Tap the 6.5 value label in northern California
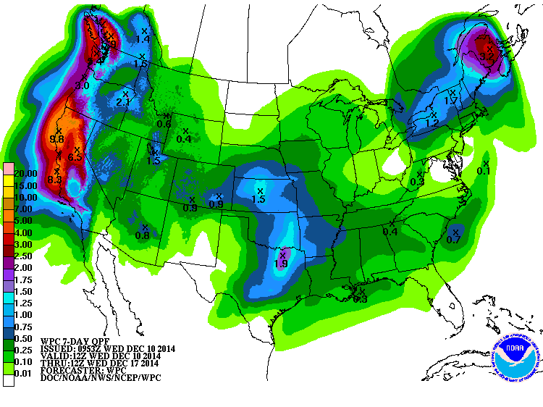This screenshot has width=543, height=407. (x=75, y=156)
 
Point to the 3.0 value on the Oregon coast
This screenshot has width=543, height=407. (x=82, y=85)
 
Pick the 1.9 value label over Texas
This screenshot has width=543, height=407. (x=281, y=264)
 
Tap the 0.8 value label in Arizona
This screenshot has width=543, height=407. (x=143, y=235)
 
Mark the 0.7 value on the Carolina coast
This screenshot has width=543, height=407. (x=454, y=239)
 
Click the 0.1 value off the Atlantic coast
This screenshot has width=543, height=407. (x=484, y=171)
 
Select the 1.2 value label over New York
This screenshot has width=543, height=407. (x=432, y=123)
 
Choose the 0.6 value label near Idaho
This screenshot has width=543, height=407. (x=164, y=124)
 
